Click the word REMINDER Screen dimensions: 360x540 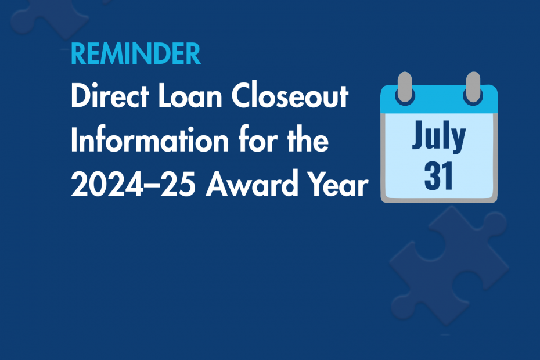[x=135, y=54]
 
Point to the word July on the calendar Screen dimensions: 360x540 [x=439, y=136]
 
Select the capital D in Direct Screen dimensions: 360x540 [x=79, y=97]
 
